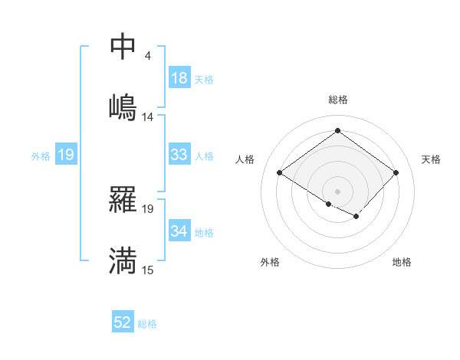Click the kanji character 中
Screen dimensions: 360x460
coord(123,47)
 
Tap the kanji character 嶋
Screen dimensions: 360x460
coord(123,106)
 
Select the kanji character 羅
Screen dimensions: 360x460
coord(123,199)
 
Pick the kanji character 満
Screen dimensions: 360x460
coord(123,260)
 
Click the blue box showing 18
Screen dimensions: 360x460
coord(179,78)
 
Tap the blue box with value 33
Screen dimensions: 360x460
coord(179,155)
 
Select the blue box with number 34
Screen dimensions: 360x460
coord(179,231)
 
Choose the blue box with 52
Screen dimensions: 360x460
coord(123,323)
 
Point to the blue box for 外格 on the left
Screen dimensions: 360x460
coord(66,155)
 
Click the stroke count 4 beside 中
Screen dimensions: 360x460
coord(148,55)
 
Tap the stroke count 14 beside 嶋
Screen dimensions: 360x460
coord(148,116)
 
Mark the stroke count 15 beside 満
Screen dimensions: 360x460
coord(148,270)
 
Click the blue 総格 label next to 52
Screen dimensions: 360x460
coord(147,324)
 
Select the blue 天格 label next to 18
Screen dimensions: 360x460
coord(204,79)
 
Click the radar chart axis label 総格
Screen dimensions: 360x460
coord(337,100)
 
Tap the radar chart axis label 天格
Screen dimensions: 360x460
coord(431,159)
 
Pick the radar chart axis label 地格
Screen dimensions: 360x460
coord(402,262)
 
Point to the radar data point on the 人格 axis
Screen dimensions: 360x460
coord(280,173)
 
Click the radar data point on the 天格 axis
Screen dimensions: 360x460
coord(396,172)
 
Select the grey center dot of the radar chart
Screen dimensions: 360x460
coord(337,190)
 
